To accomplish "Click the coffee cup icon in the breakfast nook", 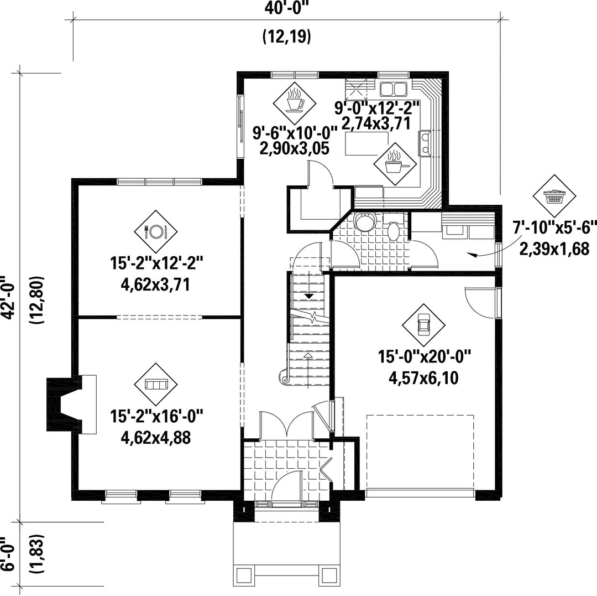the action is point(295,100).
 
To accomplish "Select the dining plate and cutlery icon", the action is point(156,231).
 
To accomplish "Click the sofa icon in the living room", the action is point(156,385).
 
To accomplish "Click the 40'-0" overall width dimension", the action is point(286,8).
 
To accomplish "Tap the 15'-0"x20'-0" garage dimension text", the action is point(425,357).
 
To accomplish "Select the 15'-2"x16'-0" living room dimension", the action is point(157,416).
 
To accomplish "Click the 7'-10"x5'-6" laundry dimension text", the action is point(554,228).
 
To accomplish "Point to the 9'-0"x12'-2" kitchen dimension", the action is point(377,108).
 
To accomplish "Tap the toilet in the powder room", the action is point(394,227).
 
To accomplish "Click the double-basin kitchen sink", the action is point(394,89).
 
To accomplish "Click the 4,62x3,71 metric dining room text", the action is point(155,284).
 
